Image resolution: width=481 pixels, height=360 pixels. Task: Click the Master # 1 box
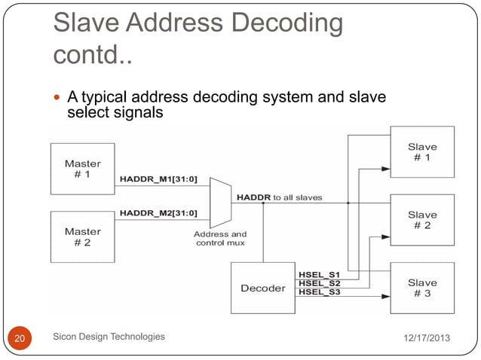pos(83,169)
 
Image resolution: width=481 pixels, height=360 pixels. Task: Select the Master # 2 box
pos(83,236)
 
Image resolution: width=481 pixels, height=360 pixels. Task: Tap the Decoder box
pos(262,288)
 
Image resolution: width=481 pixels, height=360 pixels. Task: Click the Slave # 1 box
pos(422,151)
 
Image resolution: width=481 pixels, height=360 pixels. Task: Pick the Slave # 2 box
pos(422,220)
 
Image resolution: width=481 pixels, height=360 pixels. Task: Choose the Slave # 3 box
pos(422,288)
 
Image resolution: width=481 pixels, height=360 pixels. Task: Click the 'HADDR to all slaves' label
pos(280,197)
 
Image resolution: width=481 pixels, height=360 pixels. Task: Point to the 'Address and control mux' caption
pos(220,239)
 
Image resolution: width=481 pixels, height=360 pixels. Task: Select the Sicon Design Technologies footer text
pos(109,337)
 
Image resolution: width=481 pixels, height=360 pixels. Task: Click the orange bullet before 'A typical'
pos(59,98)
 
